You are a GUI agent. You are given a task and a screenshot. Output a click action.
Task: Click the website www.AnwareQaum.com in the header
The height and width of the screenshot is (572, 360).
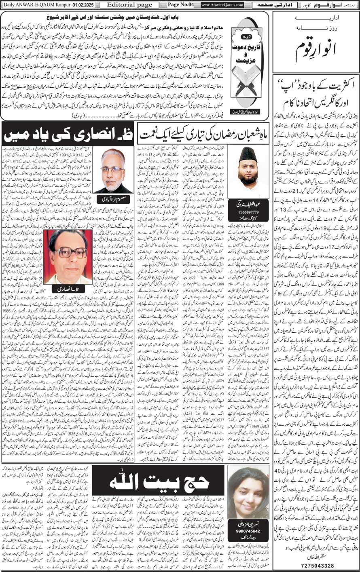[222, 5]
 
